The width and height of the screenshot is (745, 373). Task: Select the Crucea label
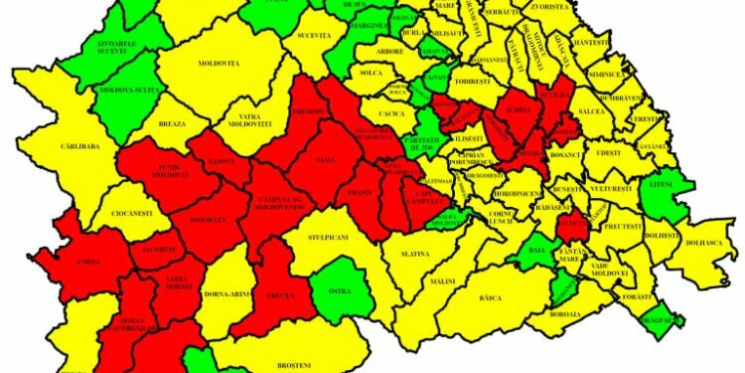[x=282, y=296]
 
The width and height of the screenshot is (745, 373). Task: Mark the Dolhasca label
[x=703, y=242]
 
